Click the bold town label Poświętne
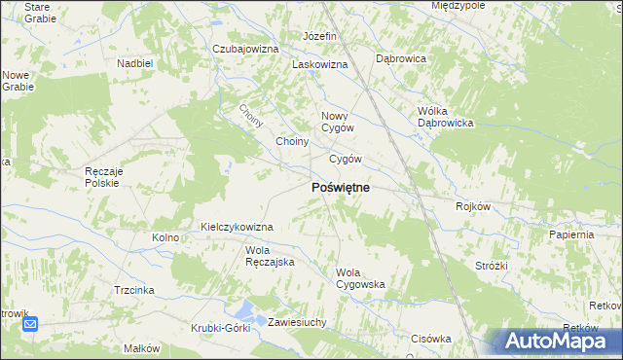click(x=340, y=187)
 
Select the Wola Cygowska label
click(x=360, y=278)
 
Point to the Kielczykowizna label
click(x=237, y=227)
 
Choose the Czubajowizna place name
click(x=246, y=49)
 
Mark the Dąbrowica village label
click(x=401, y=58)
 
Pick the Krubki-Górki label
click(x=221, y=327)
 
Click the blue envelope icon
click(x=30, y=325)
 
